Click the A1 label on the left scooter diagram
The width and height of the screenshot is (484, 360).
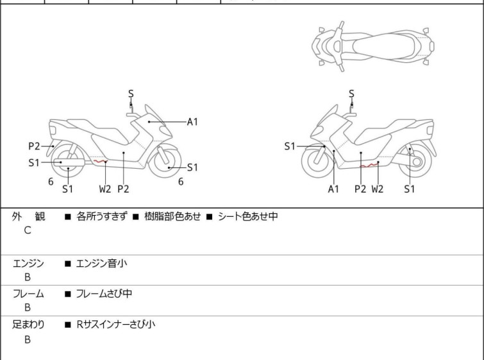[192, 122]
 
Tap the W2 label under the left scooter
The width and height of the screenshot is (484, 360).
[105, 189]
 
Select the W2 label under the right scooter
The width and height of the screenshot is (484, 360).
[377, 189]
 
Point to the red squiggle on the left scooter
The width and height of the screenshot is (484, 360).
[100, 161]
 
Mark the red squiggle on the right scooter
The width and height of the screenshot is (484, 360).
[369, 165]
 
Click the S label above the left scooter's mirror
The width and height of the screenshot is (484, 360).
[131, 93]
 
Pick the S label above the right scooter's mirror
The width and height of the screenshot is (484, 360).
[351, 93]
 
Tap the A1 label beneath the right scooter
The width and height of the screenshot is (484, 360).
[333, 189]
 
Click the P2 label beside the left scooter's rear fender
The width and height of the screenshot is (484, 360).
[34, 146]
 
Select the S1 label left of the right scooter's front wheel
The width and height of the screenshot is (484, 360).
[290, 146]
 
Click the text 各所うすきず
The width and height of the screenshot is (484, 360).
[101, 216]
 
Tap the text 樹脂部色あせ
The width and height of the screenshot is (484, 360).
[172, 216]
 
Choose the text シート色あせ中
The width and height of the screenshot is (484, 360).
[248, 216]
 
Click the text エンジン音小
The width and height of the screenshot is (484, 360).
[101, 264]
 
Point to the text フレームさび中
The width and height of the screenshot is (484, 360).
[104, 293]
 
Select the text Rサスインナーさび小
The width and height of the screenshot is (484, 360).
[116, 325]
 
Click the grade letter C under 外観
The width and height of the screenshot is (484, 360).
[28, 230]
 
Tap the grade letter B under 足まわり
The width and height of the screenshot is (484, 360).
[28, 339]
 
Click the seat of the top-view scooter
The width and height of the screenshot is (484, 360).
[383, 46]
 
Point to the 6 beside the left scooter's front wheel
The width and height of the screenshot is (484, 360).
[181, 182]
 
